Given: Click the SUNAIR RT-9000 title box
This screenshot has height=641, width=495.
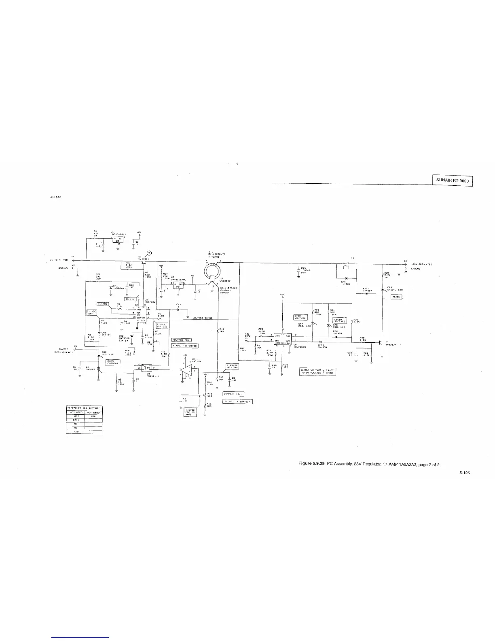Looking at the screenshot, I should [452, 180].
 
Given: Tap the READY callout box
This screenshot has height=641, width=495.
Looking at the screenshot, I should [396, 297].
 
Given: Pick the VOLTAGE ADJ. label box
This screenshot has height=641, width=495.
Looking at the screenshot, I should [182, 340].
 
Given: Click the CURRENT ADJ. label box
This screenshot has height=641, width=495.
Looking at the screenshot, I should [233, 393].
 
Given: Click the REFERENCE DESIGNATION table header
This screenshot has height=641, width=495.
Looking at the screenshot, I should [84, 408].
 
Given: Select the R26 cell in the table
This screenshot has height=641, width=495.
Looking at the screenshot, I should [93, 416].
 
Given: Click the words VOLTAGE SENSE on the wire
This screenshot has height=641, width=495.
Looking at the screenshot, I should [203, 318].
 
